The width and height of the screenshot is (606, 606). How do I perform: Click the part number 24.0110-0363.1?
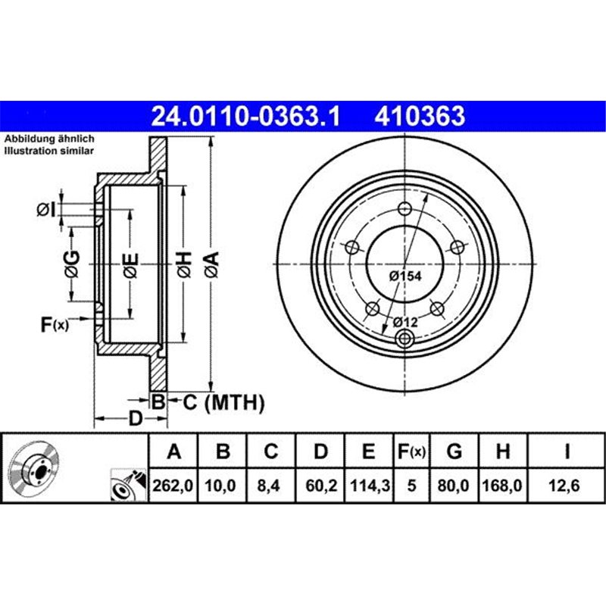[x=246, y=117]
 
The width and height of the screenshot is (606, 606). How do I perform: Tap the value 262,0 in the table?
[x=174, y=489]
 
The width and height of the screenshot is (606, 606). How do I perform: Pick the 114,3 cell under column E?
[x=368, y=489]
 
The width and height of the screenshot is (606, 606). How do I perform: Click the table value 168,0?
[x=501, y=489]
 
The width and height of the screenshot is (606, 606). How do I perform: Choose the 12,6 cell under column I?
[x=567, y=489]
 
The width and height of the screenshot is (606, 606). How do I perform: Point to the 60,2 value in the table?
[x=320, y=489]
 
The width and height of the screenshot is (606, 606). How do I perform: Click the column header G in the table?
[x=454, y=452]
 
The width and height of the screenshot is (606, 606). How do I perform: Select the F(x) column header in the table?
[x=412, y=452]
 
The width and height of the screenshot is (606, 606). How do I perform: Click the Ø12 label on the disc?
[x=406, y=323]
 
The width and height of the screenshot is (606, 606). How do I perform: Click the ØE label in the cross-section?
[x=130, y=263]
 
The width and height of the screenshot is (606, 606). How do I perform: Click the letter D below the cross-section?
[x=135, y=418]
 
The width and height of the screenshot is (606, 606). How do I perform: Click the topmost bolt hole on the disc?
[x=405, y=210]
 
